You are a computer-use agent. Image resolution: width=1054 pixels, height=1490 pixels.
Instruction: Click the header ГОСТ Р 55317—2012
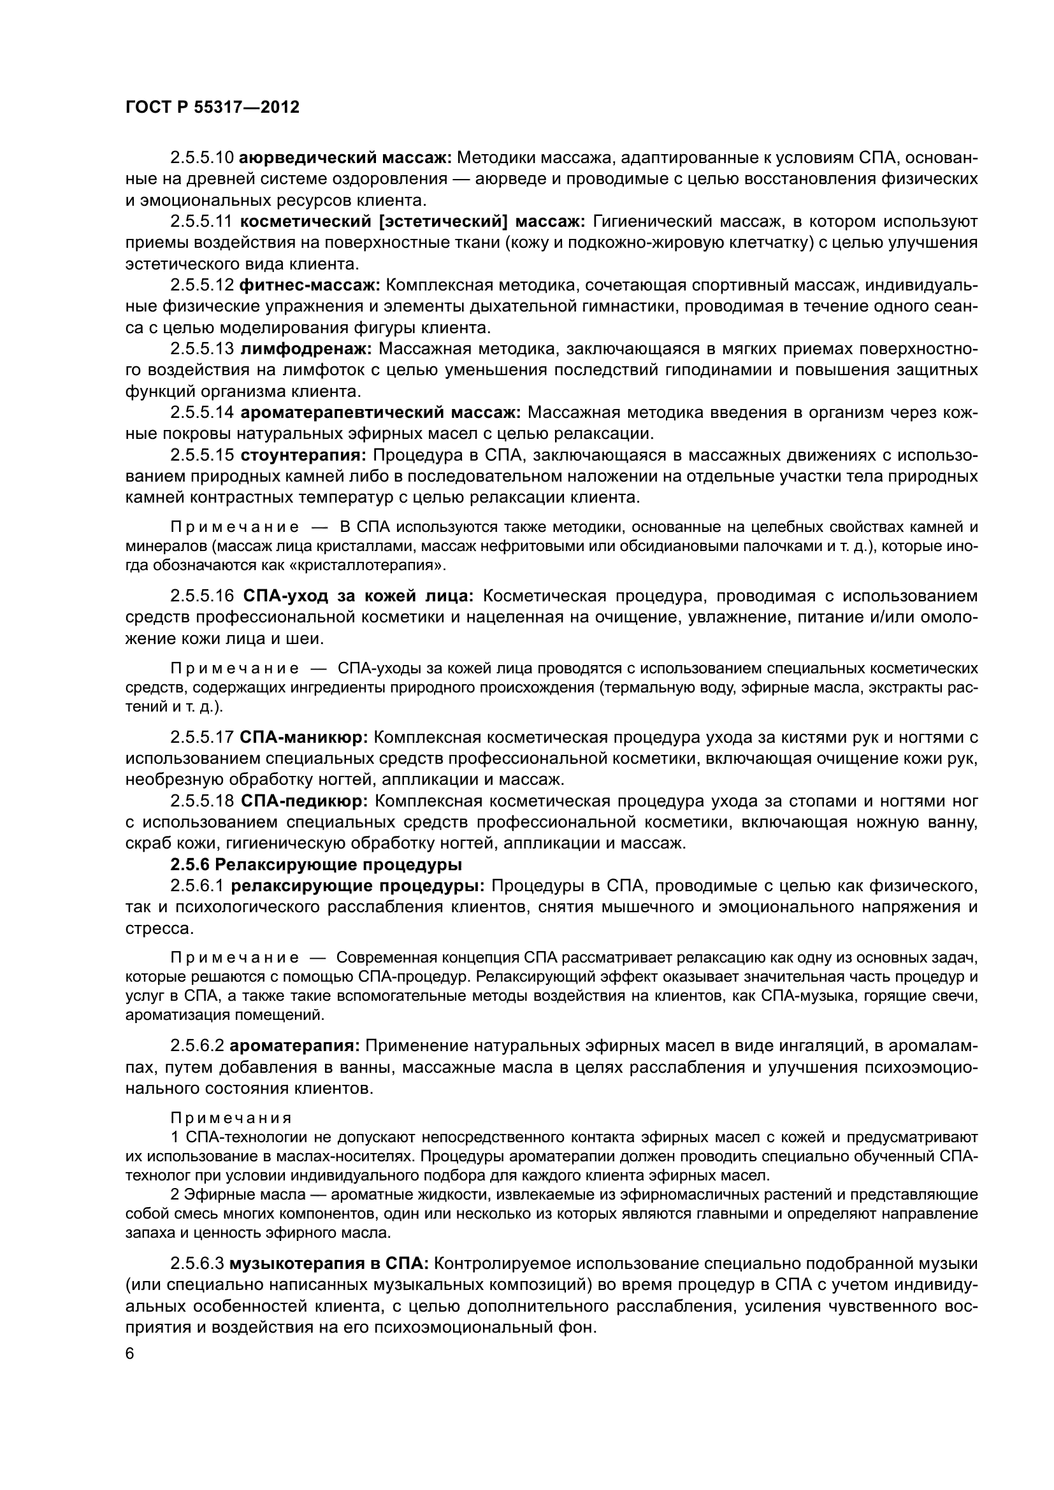(212, 108)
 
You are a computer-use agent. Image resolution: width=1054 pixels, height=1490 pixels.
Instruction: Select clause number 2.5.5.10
(201, 158)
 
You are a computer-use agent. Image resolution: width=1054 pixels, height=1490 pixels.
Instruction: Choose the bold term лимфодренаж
(306, 348)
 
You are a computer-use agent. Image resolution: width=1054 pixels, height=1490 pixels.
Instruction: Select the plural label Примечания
(231, 1117)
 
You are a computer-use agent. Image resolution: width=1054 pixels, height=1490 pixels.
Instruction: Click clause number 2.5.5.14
(201, 412)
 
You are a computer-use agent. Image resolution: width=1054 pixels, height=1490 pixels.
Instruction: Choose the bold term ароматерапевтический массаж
(380, 412)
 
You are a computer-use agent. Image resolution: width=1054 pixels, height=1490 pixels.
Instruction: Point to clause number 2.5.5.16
(201, 596)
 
